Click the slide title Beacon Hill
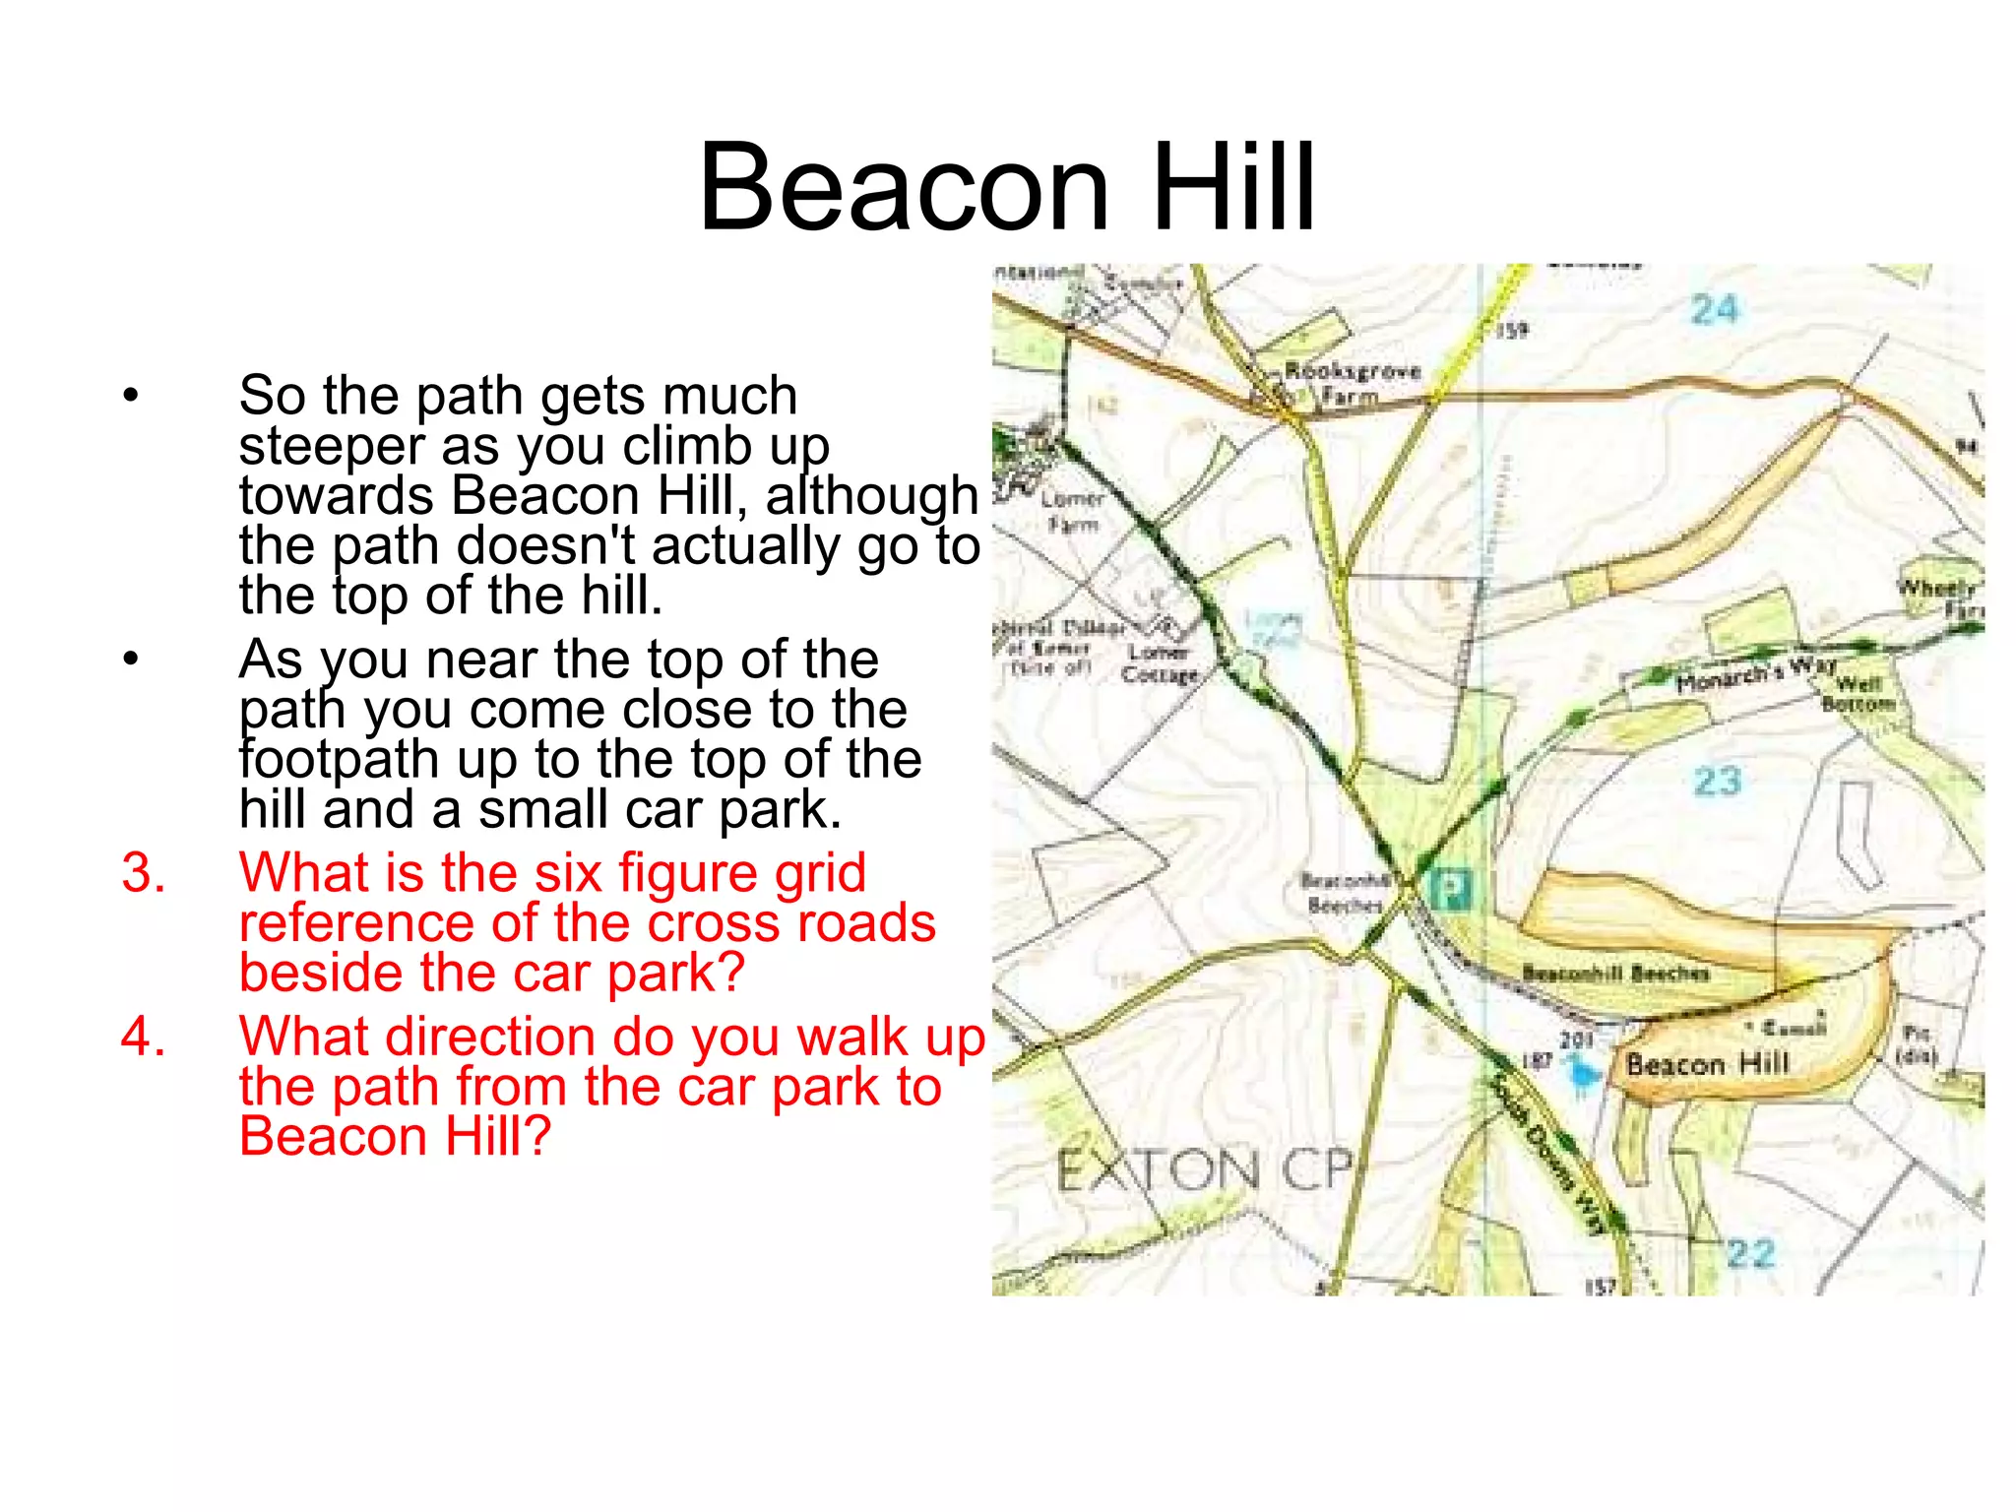click(x=1006, y=187)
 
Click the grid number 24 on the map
click(x=1715, y=310)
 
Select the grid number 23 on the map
click(x=1718, y=782)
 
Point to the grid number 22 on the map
click(x=1751, y=1253)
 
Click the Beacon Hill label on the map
click(x=1707, y=1064)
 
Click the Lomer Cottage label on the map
click(x=1159, y=663)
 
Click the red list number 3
click(x=144, y=873)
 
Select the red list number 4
click(x=144, y=1038)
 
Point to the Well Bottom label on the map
click(x=1858, y=694)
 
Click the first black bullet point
click(x=131, y=397)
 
